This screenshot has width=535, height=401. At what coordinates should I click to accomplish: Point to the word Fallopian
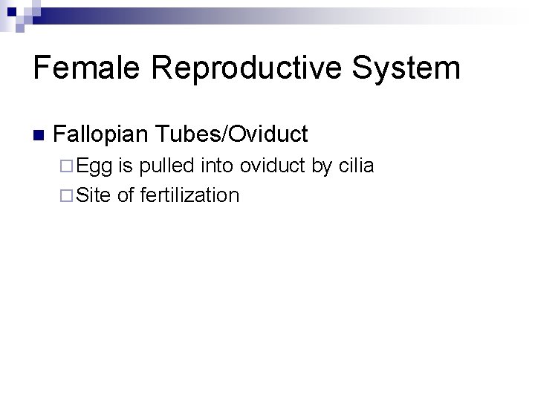(x=102, y=134)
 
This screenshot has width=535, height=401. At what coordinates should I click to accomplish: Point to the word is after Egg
(x=126, y=166)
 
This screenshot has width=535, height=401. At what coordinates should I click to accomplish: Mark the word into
(x=216, y=166)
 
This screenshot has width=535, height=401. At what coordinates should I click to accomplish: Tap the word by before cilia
(x=321, y=166)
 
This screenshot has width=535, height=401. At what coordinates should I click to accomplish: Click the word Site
(x=93, y=195)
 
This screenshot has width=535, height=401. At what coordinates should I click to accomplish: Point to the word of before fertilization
(x=126, y=195)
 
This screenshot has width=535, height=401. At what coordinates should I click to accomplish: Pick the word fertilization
(x=189, y=195)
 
